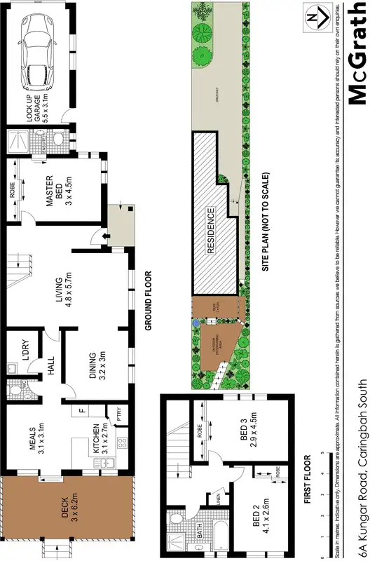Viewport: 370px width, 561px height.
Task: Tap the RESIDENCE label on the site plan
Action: (210, 229)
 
